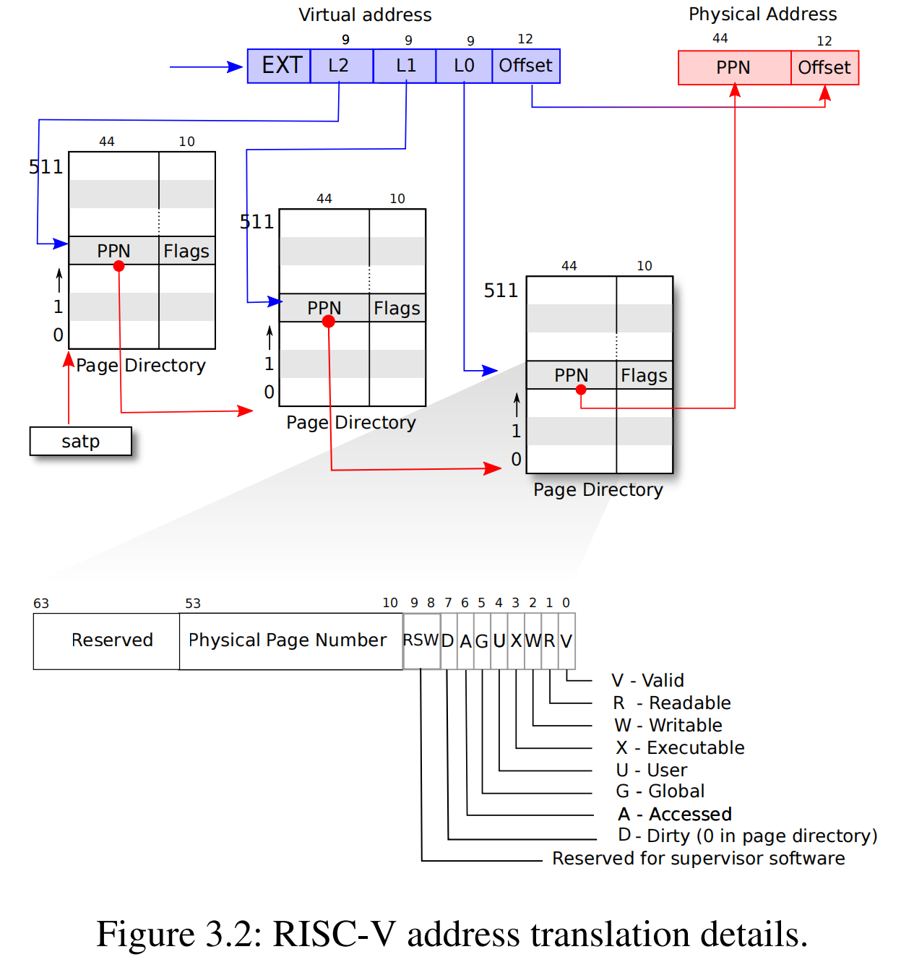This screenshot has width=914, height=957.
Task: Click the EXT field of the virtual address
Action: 280,66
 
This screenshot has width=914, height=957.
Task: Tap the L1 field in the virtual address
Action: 405,66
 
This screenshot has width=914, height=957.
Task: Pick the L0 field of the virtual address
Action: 464,66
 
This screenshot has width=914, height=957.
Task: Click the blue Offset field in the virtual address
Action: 526,66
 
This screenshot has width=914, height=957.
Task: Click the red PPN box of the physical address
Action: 734,68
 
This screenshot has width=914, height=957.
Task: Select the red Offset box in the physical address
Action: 824,68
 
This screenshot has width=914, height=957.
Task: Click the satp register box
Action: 80,441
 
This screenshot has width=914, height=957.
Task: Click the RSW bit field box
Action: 421,640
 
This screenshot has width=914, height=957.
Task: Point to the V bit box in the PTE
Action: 566,640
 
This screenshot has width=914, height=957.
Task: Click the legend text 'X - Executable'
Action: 680,747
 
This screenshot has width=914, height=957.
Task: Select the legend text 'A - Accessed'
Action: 675,814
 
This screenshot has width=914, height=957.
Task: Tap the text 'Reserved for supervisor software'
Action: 698,858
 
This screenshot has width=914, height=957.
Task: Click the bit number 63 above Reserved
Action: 41,604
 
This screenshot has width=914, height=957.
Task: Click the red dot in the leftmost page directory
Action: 119,266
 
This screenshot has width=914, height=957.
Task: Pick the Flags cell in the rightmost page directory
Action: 644,375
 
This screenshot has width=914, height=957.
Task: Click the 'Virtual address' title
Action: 365,14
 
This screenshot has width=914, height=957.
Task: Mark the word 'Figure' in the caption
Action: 146,934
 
